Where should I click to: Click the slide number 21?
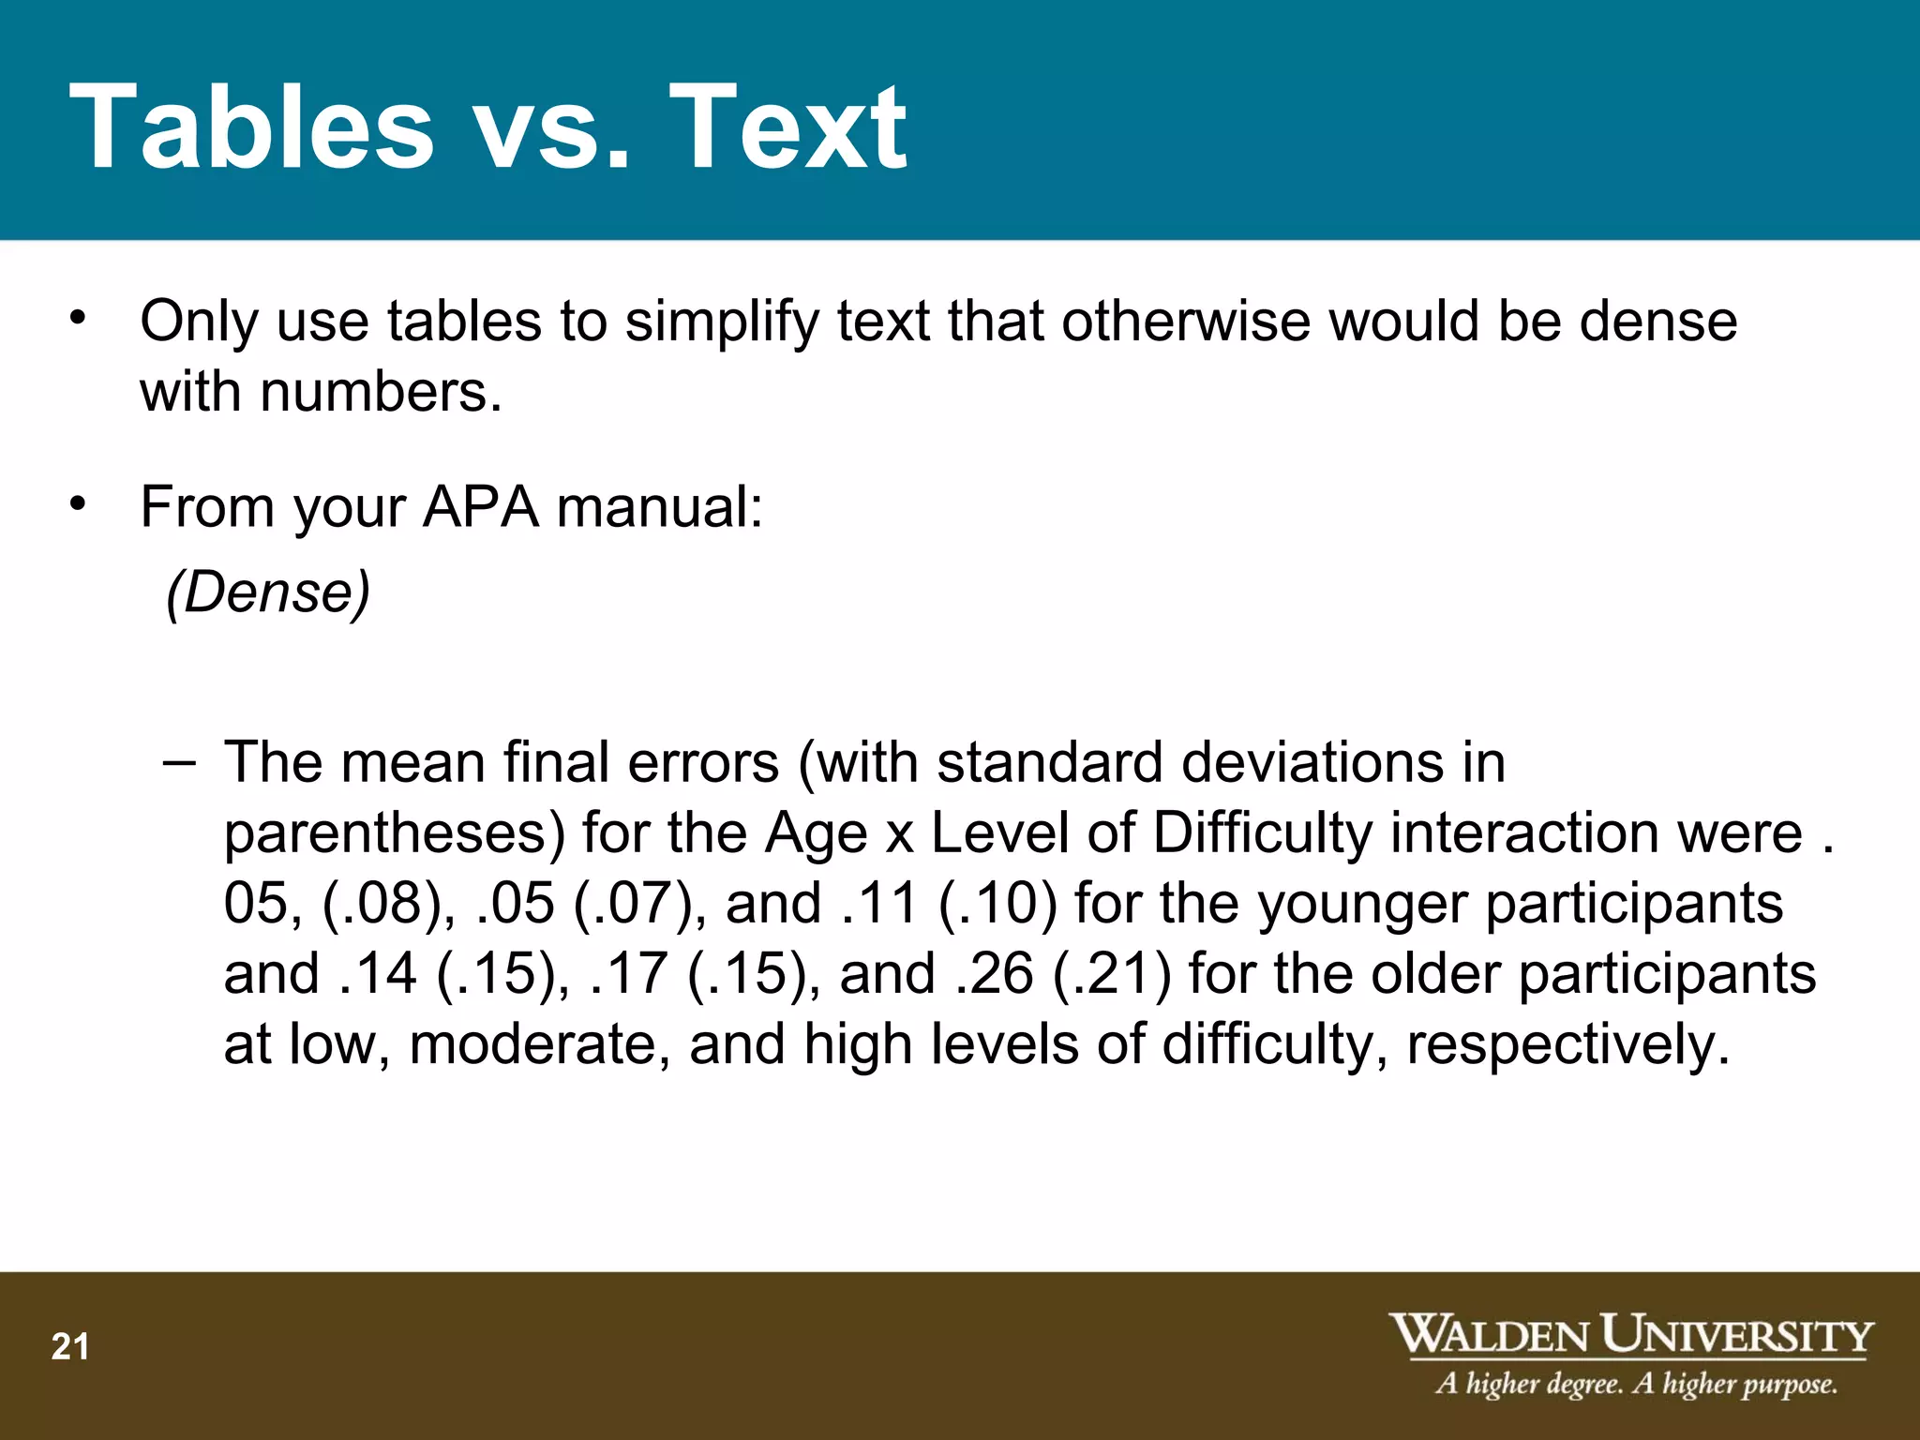point(70,1347)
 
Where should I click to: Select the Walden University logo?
point(1630,1335)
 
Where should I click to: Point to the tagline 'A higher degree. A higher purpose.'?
point(1636,1384)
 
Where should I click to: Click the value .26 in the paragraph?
point(995,973)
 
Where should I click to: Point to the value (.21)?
point(1112,973)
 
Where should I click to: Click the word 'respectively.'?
point(1567,1044)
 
